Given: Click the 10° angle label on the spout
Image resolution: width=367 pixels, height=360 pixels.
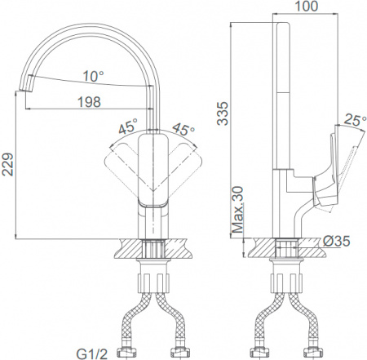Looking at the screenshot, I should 93,76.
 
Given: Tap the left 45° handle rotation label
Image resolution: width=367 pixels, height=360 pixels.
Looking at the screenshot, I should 126,128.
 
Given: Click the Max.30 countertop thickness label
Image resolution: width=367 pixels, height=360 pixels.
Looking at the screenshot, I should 237,210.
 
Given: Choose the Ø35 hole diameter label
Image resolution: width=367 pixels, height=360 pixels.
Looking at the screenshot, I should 338,241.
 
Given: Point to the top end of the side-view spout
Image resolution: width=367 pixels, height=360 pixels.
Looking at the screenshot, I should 285,26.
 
